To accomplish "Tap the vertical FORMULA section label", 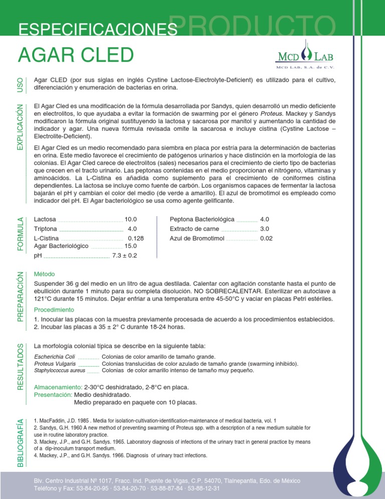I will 20,234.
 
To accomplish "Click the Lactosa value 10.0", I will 131,219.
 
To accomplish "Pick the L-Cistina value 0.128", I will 136,238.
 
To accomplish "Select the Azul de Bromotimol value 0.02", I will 267,238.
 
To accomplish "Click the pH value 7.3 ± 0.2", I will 124,256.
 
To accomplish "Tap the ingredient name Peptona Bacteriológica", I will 202,219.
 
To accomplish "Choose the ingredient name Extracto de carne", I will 195,228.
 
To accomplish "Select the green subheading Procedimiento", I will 54,309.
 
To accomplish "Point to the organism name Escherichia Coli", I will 54,356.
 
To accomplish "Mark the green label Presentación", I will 53,395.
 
